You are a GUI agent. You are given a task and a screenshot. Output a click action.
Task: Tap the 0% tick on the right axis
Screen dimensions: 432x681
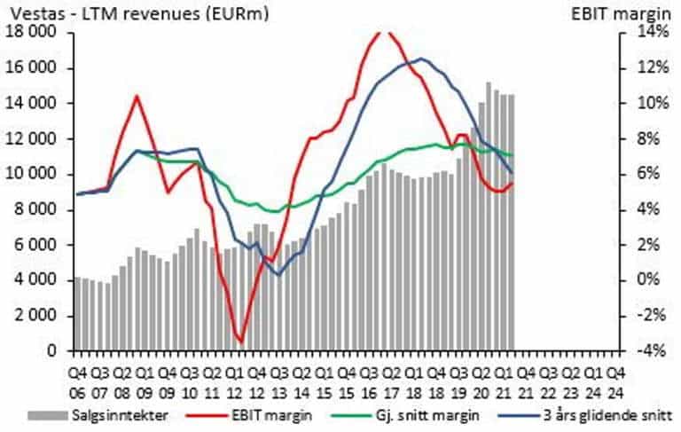point(645,280)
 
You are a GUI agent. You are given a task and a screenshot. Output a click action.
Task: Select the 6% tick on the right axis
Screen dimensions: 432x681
point(645,174)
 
